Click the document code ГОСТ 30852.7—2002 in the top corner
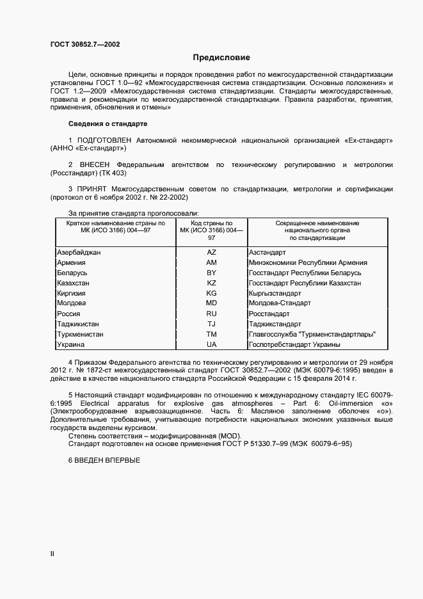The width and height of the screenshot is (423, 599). point(84,44)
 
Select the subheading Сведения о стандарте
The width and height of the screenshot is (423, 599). point(108,124)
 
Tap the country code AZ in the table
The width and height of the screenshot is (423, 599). point(211,253)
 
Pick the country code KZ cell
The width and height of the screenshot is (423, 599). point(211,283)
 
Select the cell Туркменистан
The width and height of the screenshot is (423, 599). point(80,335)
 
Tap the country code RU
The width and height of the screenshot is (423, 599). point(211,314)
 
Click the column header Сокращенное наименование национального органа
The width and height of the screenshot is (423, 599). point(317,230)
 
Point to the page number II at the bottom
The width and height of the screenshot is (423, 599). point(52,554)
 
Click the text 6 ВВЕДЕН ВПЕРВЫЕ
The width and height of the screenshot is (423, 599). point(104,461)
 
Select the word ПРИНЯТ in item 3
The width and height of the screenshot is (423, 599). point(92,190)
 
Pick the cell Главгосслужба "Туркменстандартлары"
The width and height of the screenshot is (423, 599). point(312,335)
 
